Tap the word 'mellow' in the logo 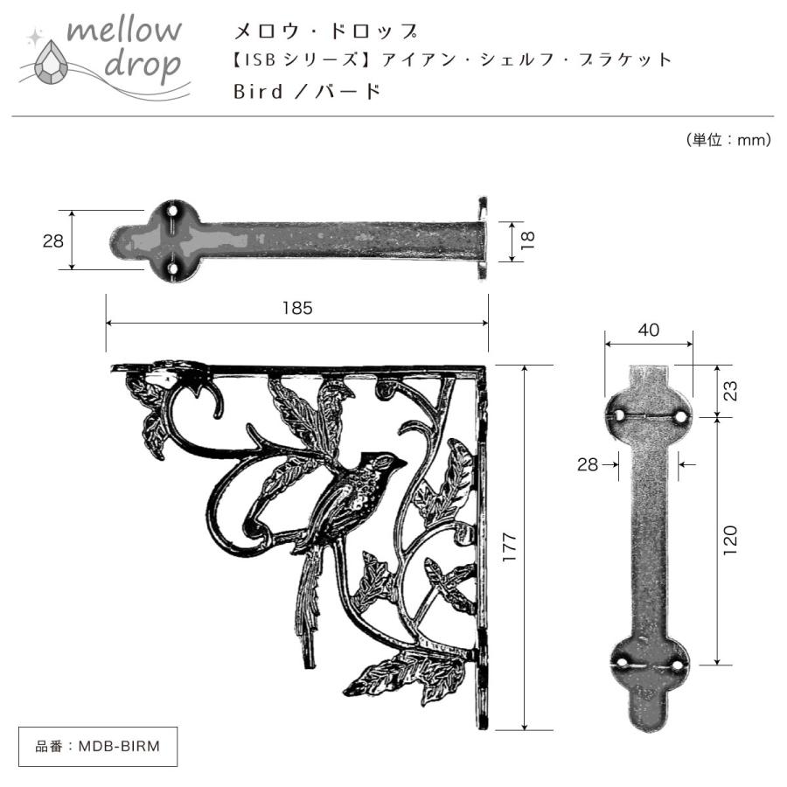[125, 31]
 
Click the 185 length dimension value [297, 308]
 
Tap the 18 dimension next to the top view [526, 240]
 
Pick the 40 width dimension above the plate [648, 330]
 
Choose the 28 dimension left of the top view [53, 240]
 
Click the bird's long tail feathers [308, 603]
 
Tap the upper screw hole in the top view [173, 212]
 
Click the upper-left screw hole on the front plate [619, 415]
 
